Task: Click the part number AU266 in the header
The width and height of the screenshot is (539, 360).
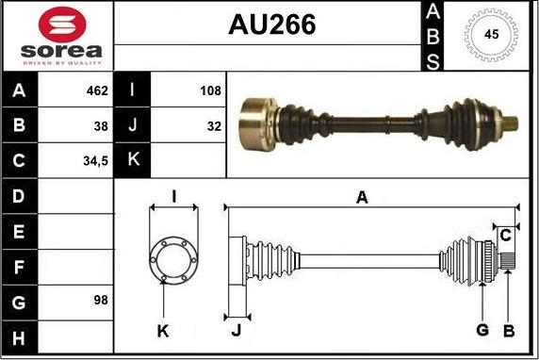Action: [x=272, y=25]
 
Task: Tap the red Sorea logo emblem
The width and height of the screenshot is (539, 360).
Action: [x=62, y=25]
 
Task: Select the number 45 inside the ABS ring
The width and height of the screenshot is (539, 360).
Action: [x=491, y=34]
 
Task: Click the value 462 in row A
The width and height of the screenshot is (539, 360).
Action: [x=97, y=90]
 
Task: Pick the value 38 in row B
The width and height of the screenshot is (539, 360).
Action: [x=101, y=126]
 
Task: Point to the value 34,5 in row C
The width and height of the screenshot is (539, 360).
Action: [x=95, y=161]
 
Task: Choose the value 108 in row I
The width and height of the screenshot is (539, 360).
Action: [x=210, y=90]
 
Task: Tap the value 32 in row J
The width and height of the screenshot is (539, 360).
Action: [x=214, y=126]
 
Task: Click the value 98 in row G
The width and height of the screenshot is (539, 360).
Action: [x=101, y=300]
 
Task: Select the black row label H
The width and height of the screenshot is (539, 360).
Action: [x=19, y=337]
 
